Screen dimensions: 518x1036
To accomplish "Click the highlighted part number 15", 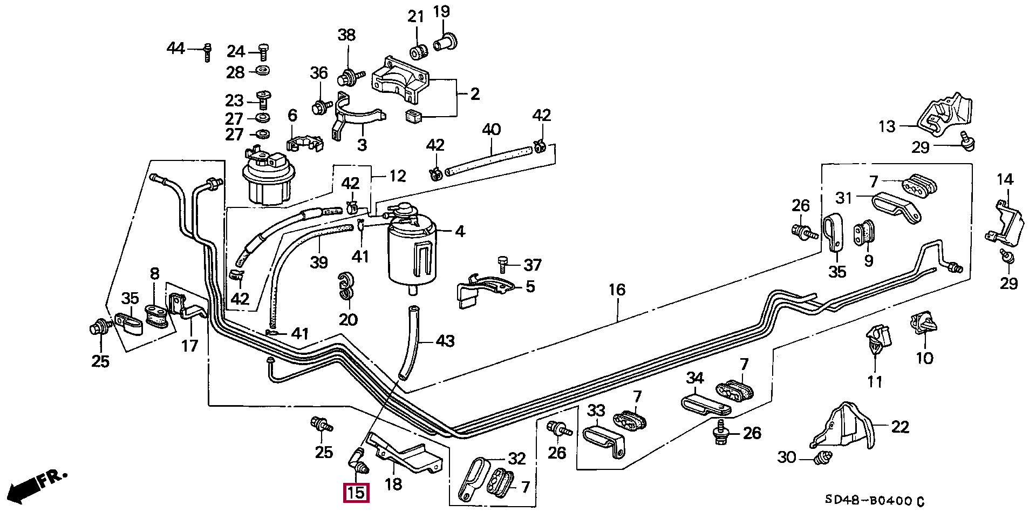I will pos(356,493).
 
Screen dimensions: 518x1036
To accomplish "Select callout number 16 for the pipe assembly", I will pos(617,290).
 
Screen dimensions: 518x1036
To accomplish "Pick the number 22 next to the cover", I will pos(900,427).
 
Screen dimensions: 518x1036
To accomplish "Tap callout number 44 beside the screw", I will pos(175,49).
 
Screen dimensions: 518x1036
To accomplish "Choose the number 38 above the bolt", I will pos(347,35).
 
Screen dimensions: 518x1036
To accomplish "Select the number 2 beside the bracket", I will pos(475,95).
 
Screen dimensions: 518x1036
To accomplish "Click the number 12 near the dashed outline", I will pos(397,176).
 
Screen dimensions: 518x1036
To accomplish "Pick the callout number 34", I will pos(695,378).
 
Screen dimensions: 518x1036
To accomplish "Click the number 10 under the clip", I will pos(924,358).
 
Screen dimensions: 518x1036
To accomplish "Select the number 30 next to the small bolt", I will pos(787,458).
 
